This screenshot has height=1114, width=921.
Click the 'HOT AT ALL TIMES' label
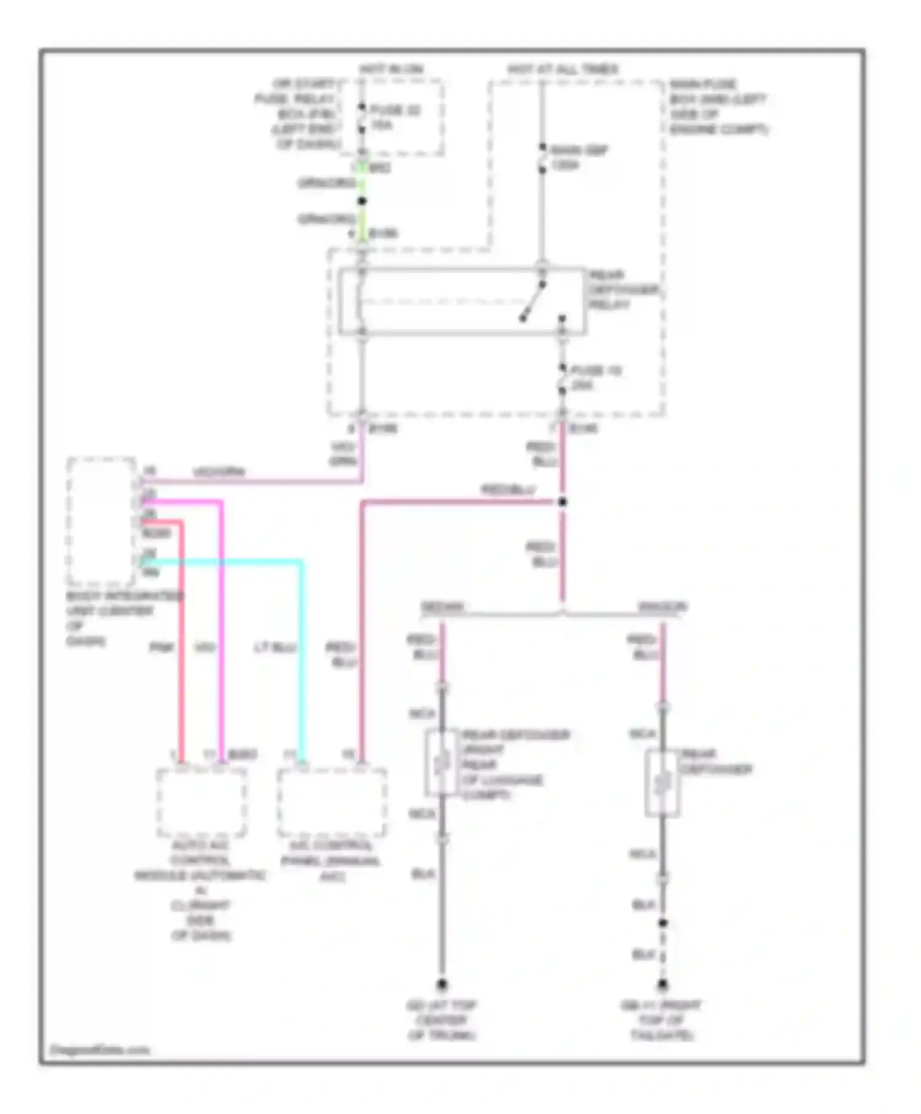coord(562,69)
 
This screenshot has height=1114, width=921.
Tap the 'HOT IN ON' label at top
coord(392,69)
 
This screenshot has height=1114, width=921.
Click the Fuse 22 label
coord(394,117)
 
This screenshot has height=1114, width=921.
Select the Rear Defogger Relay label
coord(623,289)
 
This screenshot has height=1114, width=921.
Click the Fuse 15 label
coord(596,378)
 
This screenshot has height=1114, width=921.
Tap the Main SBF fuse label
coord(578,157)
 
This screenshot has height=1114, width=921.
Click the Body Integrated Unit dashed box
coord(101,521)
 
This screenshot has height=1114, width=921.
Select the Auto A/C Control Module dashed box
coord(201,802)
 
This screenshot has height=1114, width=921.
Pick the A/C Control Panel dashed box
coord(332,802)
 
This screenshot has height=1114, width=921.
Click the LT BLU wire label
coord(276,647)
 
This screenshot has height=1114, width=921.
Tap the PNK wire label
coord(162,647)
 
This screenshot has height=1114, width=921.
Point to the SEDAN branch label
coord(442,607)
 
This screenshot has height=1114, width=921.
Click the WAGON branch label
coord(663,607)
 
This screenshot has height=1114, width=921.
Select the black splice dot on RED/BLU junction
coord(562,502)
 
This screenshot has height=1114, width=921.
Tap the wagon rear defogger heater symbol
coord(662,784)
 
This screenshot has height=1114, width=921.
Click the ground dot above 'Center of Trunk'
coord(441,984)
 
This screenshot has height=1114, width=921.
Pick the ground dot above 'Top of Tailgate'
coord(663,984)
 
